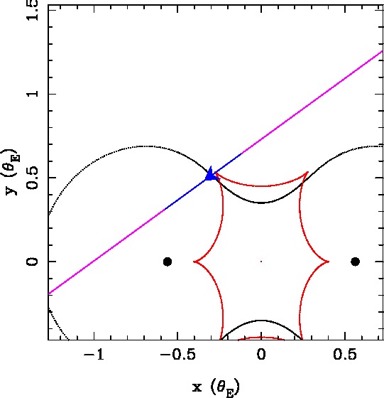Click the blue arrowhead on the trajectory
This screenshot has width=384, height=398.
point(211,175)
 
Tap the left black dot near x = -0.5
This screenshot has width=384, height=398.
point(168,262)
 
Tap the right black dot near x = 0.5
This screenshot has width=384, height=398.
point(355,262)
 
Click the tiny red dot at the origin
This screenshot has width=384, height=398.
point(261,262)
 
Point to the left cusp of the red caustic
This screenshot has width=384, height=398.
point(194,262)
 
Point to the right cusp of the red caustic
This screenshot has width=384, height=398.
point(329,262)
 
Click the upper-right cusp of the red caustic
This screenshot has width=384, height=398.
point(308,172)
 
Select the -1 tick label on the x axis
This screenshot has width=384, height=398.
point(94,354)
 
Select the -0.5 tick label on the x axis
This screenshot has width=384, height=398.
point(177,354)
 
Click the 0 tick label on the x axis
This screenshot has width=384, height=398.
point(261,354)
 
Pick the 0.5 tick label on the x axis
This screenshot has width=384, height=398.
point(345,354)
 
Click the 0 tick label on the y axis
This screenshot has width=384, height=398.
point(32,262)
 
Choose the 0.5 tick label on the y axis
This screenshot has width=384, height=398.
point(32,178)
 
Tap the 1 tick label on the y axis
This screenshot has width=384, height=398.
point(33,94)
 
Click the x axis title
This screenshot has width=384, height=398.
point(216,388)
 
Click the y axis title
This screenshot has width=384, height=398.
point(12,172)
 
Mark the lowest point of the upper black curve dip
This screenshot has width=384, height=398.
point(261,203)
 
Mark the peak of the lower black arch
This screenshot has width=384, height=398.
point(261,321)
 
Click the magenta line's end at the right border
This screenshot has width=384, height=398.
point(382,51)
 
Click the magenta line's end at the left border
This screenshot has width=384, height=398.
point(49,294)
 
